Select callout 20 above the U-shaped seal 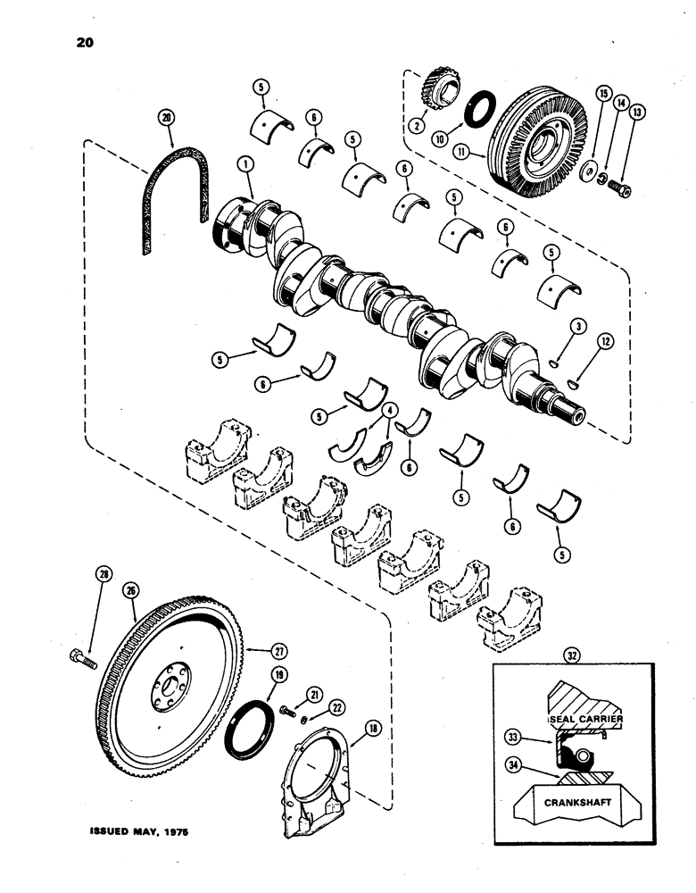(162, 115)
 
